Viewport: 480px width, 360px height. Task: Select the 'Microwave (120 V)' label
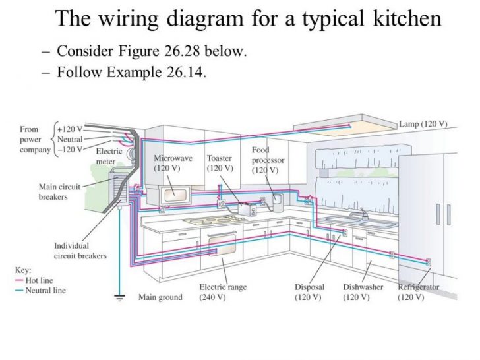tap(173, 164)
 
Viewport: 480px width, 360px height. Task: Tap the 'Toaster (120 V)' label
tap(220, 164)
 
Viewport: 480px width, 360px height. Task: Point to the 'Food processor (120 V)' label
tap(264, 160)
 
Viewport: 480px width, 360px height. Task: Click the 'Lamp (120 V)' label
tap(423, 124)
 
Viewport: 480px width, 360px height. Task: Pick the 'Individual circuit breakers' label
tap(80, 251)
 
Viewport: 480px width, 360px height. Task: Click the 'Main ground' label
tap(160, 297)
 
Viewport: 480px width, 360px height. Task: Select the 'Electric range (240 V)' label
tap(223, 293)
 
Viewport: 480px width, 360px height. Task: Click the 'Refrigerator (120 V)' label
tap(418, 293)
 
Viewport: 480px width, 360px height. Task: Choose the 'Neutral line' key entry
tap(44, 290)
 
